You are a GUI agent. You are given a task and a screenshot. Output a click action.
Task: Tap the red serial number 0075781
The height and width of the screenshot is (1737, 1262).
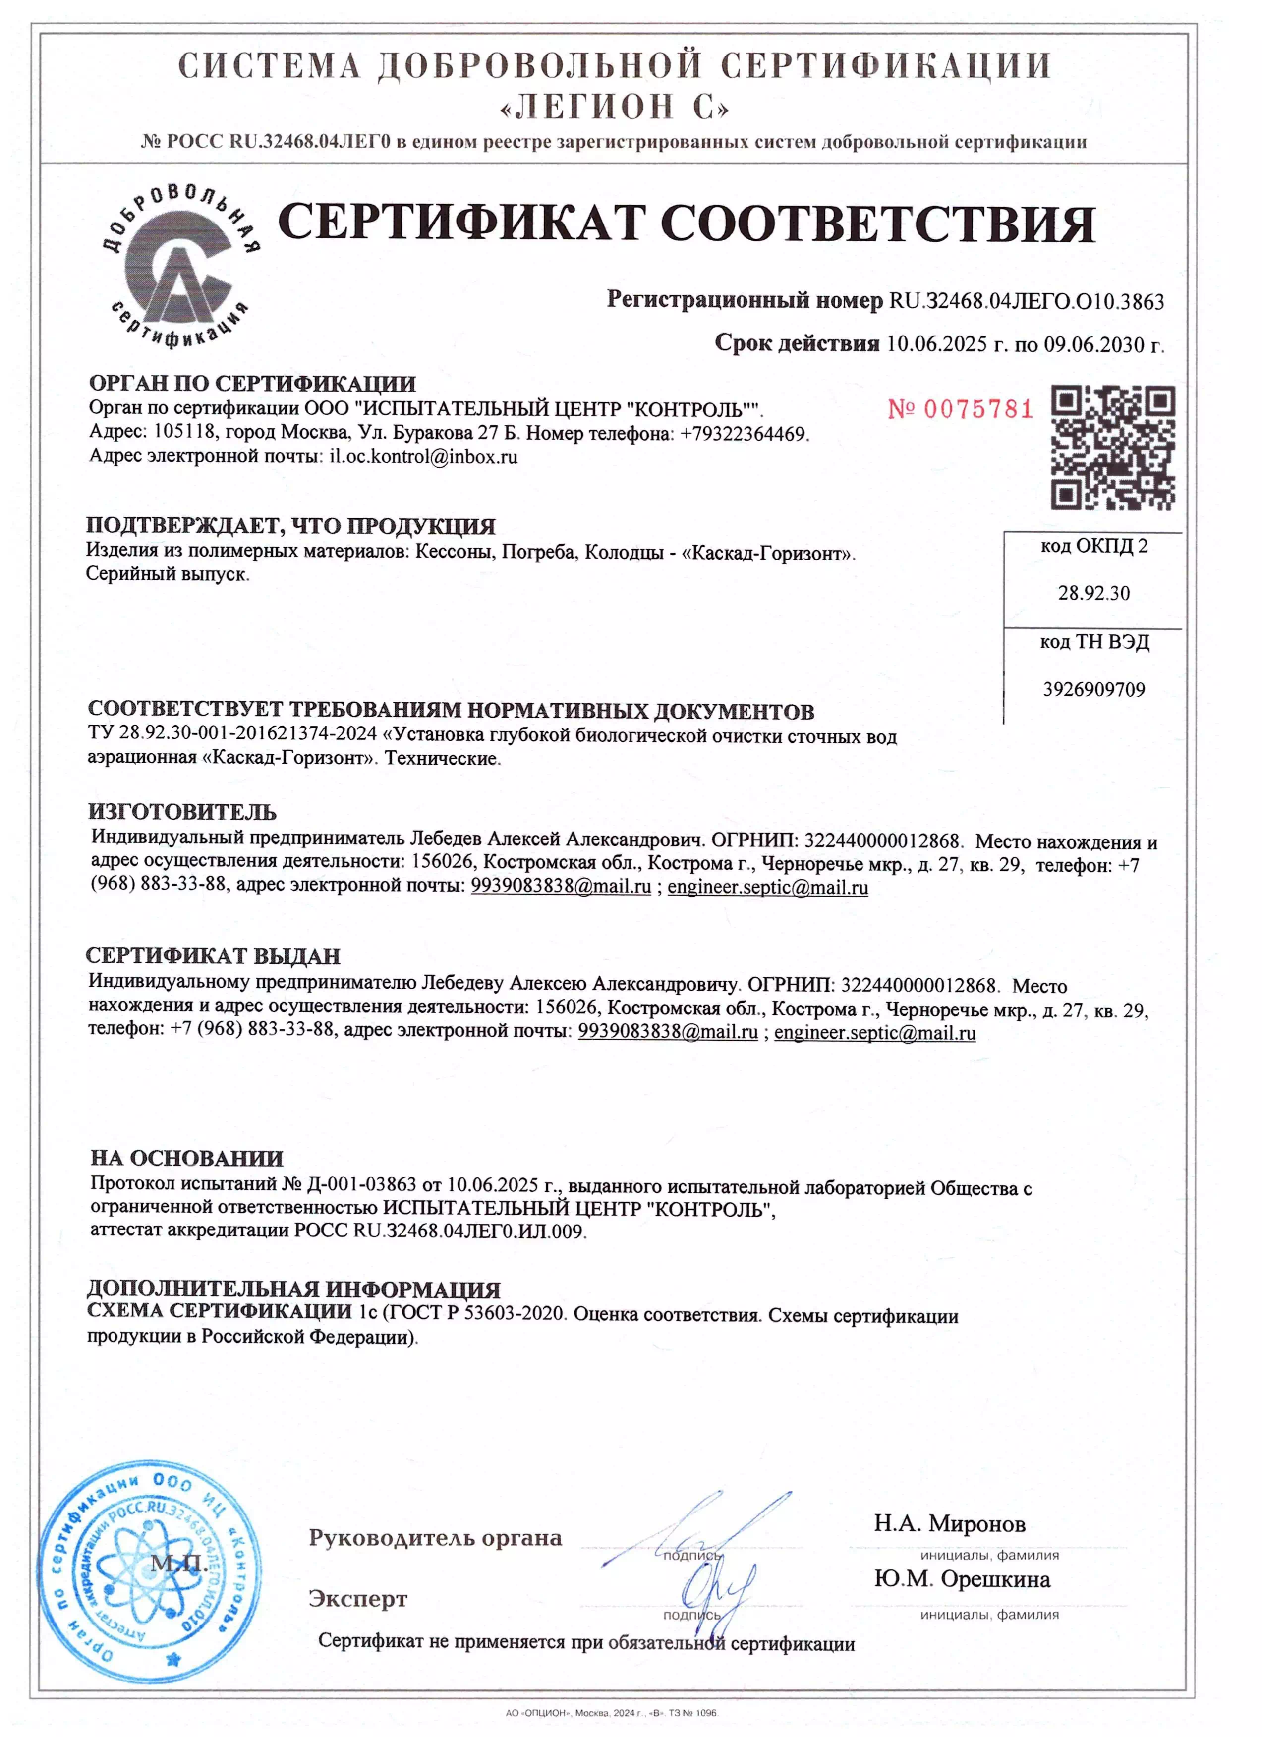click(x=960, y=410)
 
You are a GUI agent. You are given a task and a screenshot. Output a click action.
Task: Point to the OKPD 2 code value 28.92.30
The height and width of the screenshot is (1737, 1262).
click(x=1093, y=593)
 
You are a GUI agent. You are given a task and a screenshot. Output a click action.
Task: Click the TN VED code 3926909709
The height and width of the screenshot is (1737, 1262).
click(x=1093, y=689)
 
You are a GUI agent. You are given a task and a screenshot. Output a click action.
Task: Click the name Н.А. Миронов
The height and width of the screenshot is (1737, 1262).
click(x=949, y=1524)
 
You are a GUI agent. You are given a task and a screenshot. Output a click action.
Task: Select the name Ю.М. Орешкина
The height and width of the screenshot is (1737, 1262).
click(x=962, y=1579)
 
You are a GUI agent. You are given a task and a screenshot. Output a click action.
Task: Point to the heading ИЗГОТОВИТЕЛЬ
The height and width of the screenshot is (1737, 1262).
click(x=182, y=812)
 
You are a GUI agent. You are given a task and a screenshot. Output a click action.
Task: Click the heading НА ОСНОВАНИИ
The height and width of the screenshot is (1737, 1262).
click(x=187, y=1158)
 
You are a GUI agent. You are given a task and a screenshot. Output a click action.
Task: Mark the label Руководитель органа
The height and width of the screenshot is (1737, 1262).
click(x=435, y=1538)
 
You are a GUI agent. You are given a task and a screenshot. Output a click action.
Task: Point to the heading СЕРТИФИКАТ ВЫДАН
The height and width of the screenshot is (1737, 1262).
click(x=213, y=956)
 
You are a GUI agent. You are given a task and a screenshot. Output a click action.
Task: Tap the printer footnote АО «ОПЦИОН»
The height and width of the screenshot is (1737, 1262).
click(x=611, y=1713)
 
